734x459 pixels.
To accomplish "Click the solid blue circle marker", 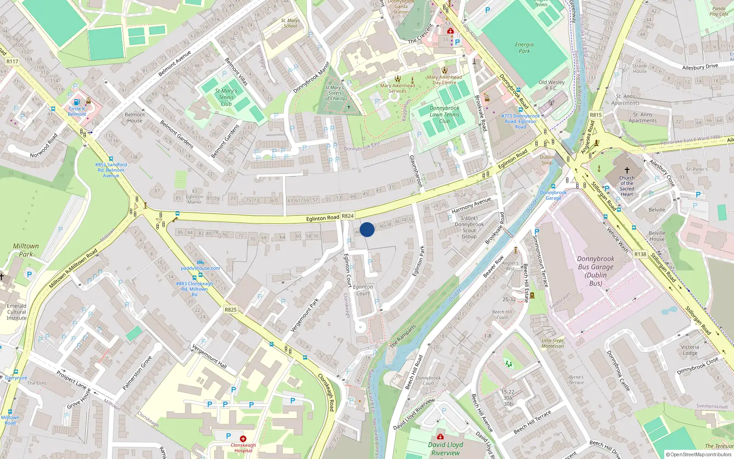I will [x=367, y=229].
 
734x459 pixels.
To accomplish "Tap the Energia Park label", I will [x=524, y=48].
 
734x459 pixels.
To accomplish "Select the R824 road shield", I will [x=348, y=216].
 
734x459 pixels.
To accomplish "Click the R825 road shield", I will [x=231, y=310].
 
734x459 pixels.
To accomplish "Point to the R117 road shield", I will [x=12, y=62].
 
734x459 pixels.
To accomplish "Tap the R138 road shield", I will [x=640, y=254].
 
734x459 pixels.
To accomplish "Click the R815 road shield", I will [x=596, y=115].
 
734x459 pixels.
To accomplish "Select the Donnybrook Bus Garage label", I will [x=595, y=271].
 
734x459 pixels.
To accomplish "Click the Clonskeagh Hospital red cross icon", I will [x=243, y=439].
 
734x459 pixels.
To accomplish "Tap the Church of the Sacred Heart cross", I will [x=627, y=170].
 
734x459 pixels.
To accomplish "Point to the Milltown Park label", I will [x=26, y=250].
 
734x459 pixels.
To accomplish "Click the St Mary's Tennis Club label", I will [x=226, y=97].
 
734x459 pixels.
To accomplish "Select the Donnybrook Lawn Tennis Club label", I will [x=444, y=115].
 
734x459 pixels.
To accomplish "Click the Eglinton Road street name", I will [x=323, y=218].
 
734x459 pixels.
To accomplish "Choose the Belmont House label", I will [x=134, y=118].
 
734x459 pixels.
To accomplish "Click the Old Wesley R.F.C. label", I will [x=551, y=85].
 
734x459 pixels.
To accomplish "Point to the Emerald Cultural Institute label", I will [x=17, y=312].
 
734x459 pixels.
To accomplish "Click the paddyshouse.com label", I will [x=200, y=268].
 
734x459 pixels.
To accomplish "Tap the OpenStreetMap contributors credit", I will [x=699, y=455].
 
